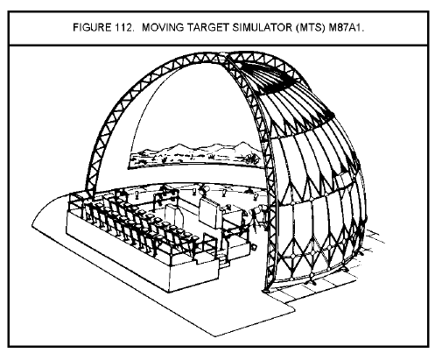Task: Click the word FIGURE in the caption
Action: (92, 28)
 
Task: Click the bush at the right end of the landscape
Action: (253, 159)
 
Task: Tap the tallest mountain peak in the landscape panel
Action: (242, 143)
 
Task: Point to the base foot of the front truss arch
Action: (266, 290)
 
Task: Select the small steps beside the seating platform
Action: (224, 260)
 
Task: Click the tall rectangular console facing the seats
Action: (209, 213)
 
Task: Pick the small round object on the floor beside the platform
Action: (255, 247)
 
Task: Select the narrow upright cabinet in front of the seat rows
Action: (174, 215)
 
